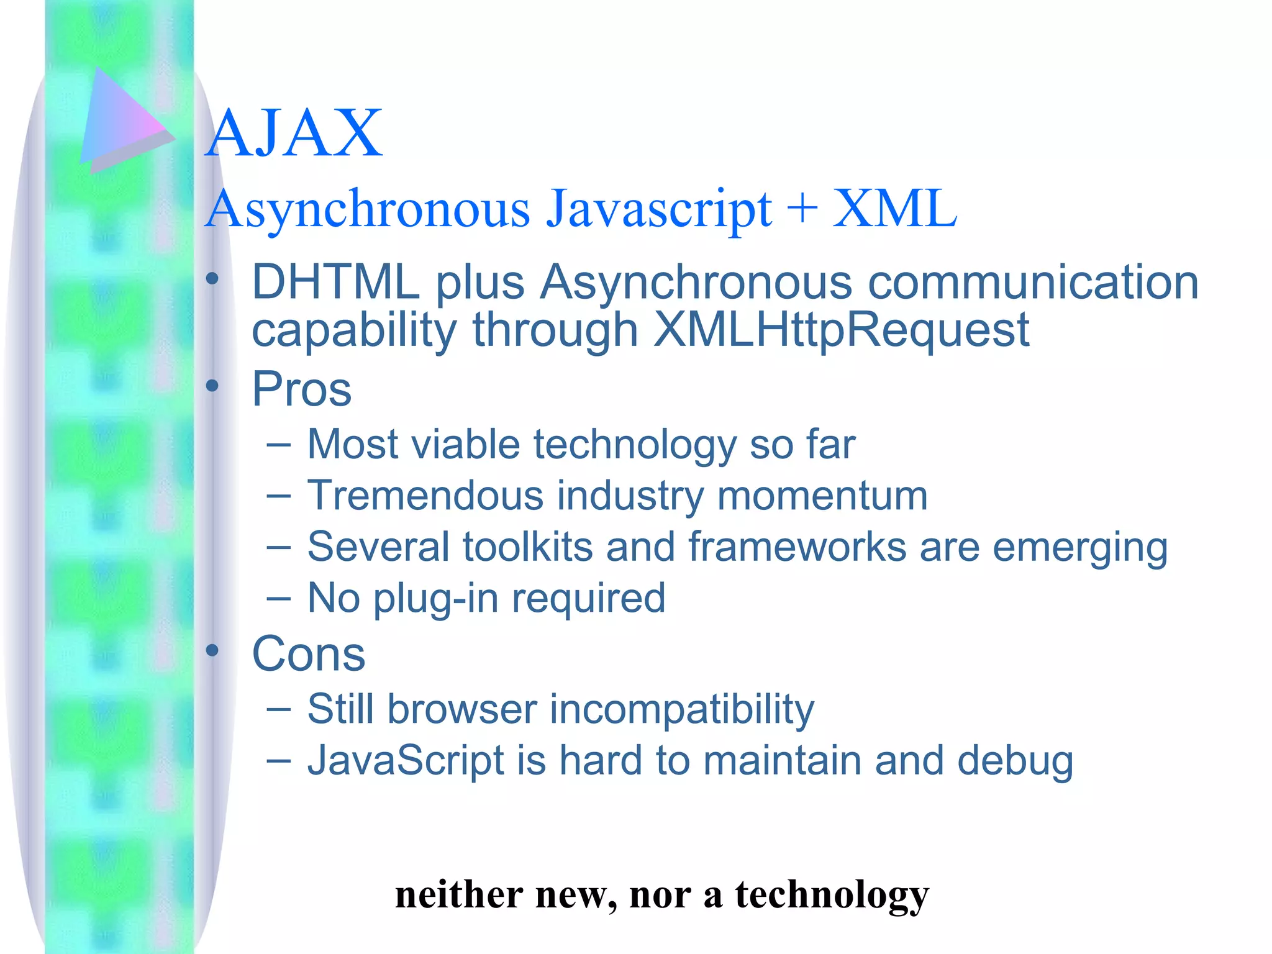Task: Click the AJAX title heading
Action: [294, 134]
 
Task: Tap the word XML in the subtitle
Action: [894, 209]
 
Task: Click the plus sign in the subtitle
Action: [802, 208]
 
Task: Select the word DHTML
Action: [335, 283]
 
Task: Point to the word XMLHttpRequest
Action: [842, 330]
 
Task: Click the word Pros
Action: [302, 389]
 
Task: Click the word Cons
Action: [309, 654]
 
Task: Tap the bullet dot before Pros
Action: [212, 386]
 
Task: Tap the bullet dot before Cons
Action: [212, 651]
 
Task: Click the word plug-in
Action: [435, 599]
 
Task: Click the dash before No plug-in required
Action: [278, 599]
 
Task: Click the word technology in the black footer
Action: [832, 895]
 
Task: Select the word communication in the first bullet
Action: [1033, 283]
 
